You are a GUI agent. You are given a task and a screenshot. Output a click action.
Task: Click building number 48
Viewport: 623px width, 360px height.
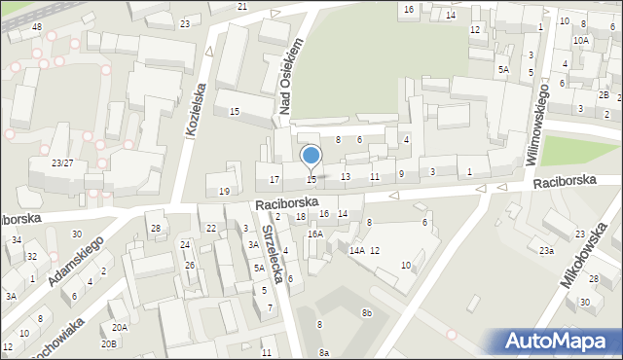point(36,26)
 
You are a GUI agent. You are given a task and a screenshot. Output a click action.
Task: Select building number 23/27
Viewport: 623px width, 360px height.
point(62,162)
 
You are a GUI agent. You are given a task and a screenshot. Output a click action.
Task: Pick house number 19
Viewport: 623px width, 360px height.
point(224,191)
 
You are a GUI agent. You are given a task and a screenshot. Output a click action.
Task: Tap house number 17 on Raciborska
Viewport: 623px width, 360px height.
point(275,179)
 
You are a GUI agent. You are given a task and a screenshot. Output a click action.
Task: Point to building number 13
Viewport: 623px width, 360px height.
point(346,176)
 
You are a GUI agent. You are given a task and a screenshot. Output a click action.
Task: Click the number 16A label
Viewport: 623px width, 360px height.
point(314,234)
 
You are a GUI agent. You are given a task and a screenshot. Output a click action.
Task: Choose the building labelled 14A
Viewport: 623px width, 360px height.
point(357,250)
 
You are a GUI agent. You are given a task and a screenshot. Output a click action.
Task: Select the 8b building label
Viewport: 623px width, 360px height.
point(366,312)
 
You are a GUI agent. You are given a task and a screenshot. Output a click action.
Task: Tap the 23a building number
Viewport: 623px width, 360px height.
point(547,250)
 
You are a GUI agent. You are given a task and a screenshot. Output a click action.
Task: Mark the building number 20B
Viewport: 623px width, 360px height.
point(109,343)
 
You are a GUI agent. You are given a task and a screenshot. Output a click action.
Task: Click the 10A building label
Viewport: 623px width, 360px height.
point(580,40)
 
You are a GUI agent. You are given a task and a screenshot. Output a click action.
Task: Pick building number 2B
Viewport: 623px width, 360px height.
point(604,94)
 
